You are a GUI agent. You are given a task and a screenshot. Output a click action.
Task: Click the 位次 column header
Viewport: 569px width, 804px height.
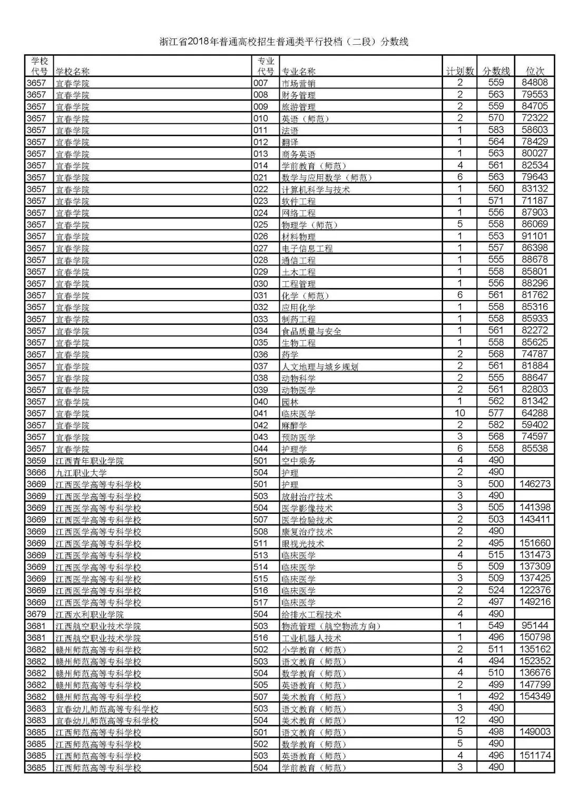pyautogui.click(x=535, y=71)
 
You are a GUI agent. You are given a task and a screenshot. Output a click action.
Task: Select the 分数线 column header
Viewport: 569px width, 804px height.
pyautogui.click(x=496, y=71)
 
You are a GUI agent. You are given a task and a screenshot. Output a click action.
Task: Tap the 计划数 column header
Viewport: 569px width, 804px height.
pyautogui.click(x=460, y=71)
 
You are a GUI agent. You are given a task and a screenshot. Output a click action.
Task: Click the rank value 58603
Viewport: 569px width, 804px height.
pyautogui.click(x=535, y=130)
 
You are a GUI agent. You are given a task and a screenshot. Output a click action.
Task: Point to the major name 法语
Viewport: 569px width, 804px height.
pyautogui.click(x=290, y=130)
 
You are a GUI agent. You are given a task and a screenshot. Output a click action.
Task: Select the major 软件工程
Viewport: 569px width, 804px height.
pyautogui.click(x=299, y=201)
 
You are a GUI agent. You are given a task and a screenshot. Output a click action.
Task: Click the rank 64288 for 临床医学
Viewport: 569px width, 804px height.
pyautogui.click(x=535, y=413)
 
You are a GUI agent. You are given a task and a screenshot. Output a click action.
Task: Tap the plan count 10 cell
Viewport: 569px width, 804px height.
pyautogui.click(x=460, y=413)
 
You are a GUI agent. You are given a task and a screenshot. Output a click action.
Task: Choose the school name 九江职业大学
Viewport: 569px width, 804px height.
pyautogui.click(x=81, y=473)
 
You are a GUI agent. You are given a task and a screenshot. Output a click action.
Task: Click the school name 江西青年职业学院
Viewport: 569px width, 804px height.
pyautogui.click(x=90, y=461)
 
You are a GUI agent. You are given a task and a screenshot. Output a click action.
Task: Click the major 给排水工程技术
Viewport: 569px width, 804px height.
pyautogui.click(x=311, y=614)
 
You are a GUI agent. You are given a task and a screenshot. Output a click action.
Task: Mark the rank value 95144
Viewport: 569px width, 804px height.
pyautogui.click(x=535, y=626)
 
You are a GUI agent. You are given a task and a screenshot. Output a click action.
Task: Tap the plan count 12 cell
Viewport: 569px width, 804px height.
pyautogui.click(x=460, y=720)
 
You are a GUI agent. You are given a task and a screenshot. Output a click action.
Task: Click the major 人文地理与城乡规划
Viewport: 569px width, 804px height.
pyautogui.click(x=320, y=366)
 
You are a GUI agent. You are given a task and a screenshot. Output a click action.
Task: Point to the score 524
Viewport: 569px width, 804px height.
pyautogui.click(x=496, y=590)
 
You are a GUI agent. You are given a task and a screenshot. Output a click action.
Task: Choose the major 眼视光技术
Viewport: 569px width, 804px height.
pyautogui.click(x=303, y=543)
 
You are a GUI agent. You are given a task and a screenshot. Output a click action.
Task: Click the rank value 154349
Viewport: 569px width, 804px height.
pyautogui.click(x=535, y=696)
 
